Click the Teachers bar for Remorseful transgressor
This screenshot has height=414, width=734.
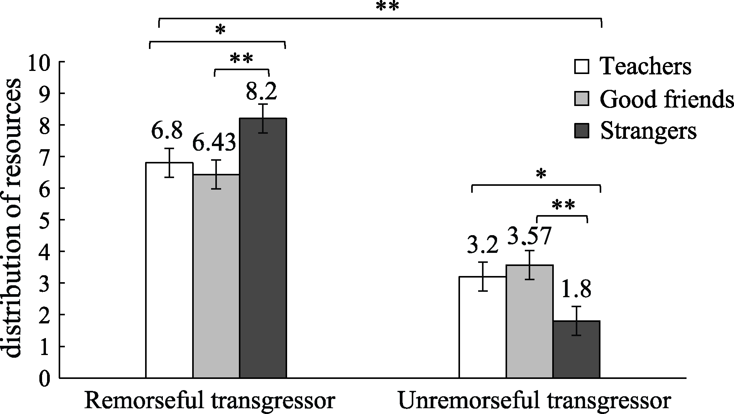point(169,270)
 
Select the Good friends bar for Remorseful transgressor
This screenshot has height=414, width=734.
point(216,276)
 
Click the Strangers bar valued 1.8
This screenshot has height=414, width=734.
point(576,349)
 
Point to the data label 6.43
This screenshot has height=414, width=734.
point(214,143)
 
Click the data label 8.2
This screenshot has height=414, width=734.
point(262,92)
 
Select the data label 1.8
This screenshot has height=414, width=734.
point(575,290)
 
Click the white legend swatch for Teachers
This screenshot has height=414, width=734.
point(582,66)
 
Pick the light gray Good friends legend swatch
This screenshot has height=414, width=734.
point(582,99)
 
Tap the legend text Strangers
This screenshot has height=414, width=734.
point(648,131)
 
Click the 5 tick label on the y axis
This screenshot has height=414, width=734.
point(45,220)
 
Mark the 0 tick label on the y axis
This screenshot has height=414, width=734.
point(45,378)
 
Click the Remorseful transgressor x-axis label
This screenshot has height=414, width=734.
point(209,401)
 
